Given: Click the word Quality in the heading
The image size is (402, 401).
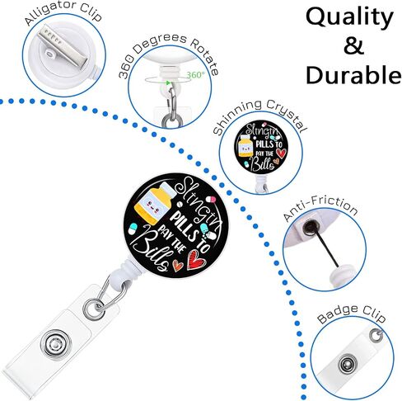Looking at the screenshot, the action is (x=349, y=18).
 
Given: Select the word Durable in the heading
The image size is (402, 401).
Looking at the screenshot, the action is (x=353, y=74).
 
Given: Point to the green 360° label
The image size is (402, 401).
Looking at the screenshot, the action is (x=195, y=74).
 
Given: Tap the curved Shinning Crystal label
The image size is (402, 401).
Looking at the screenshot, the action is (x=259, y=116).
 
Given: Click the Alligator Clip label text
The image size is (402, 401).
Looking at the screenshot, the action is (x=63, y=14).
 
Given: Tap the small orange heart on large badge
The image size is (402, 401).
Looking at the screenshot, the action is (x=178, y=265).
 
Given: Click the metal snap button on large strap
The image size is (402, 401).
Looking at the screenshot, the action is (x=55, y=345).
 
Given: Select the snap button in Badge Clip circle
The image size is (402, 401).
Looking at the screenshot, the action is (x=348, y=365).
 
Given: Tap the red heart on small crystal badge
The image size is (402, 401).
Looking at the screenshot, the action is (x=281, y=152).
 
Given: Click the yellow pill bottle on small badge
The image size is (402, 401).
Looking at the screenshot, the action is (x=245, y=145).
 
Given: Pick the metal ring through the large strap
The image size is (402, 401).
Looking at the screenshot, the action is (x=94, y=309).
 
